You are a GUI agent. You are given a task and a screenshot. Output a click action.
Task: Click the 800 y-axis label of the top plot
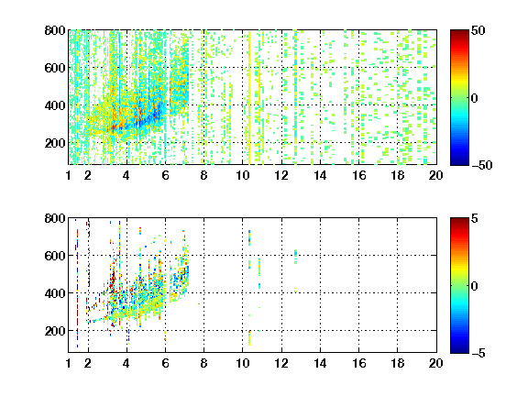point(55,30)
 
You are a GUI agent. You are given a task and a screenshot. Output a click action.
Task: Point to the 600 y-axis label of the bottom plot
point(55,256)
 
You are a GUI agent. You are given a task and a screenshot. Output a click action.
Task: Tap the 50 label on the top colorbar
point(478,30)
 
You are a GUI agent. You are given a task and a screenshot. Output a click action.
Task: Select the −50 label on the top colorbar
point(482,165)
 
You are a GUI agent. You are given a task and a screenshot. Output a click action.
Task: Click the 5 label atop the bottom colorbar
point(475,218)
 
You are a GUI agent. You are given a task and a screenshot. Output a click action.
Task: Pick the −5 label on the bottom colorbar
point(478,353)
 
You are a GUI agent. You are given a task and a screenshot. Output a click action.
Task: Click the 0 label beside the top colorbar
point(475,98)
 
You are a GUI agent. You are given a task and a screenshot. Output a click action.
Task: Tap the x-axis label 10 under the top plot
point(242,175)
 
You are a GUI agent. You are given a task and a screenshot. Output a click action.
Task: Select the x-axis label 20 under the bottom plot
point(436,363)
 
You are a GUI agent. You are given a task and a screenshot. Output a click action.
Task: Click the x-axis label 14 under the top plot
point(320,175)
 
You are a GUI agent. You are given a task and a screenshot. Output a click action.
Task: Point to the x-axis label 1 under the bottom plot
point(69,363)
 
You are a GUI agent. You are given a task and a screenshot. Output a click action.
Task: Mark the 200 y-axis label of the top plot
point(55,143)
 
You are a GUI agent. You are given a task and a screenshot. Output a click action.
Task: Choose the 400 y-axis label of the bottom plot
point(55,293)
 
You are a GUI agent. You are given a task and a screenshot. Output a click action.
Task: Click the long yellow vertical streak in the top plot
point(249,98)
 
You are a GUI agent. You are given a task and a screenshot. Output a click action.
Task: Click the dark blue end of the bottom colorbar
point(459,350)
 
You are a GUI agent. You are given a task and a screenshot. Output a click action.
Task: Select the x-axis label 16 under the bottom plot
point(359,363)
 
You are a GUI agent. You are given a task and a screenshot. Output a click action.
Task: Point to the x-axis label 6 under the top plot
point(165,175)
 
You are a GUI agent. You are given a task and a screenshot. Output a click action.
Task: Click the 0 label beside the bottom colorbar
point(475,286)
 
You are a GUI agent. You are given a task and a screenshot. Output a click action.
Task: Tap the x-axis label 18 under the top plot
point(397,175)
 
